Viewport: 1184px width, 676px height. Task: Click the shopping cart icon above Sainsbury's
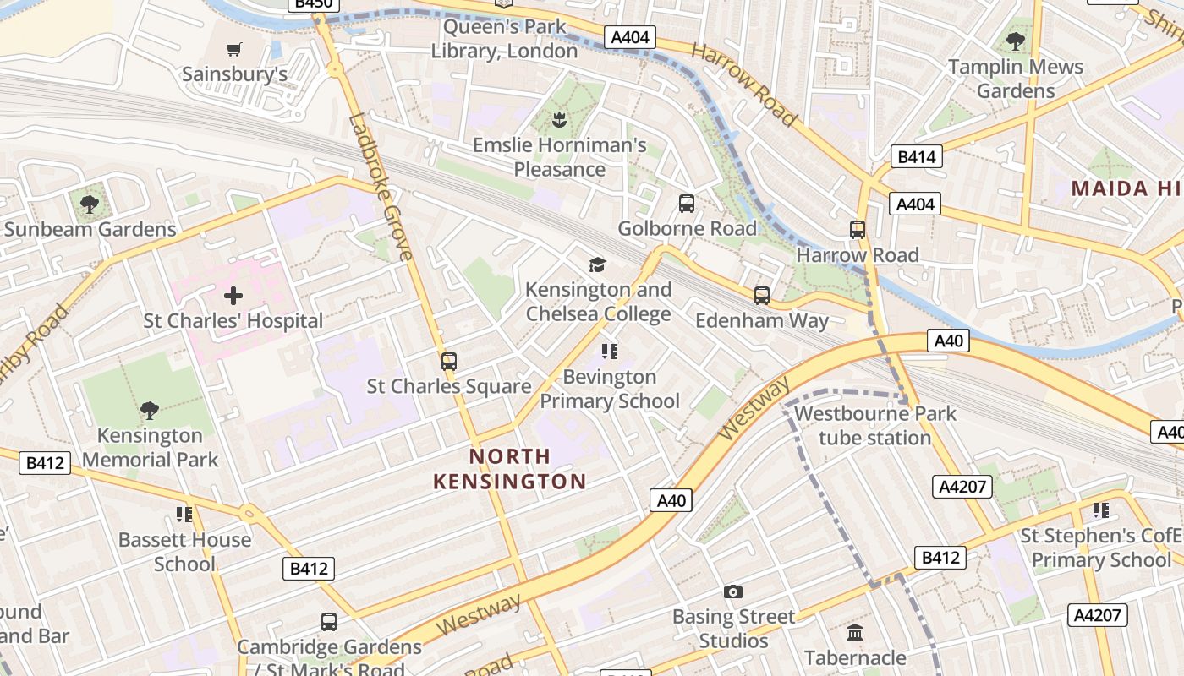pyautogui.click(x=234, y=49)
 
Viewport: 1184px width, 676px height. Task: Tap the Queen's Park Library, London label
pyautogui.click(x=504, y=39)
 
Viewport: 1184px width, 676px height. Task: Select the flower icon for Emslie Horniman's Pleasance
pyautogui.click(x=558, y=119)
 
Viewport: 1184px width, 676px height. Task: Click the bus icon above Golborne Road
pyautogui.click(x=687, y=204)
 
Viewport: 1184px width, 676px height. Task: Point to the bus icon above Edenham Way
pyautogui.click(x=762, y=296)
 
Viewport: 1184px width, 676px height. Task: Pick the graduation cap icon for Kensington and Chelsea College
pyautogui.click(x=598, y=264)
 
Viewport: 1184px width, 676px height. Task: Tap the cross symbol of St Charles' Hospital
pyautogui.click(x=233, y=296)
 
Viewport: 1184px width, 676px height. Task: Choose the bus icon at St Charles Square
pyautogui.click(x=449, y=362)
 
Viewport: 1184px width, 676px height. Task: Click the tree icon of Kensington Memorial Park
pyautogui.click(x=150, y=411)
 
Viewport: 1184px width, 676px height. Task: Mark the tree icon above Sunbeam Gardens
pyautogui.click(x=89, y=204)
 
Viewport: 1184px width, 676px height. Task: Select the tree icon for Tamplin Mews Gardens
pyautogui.click(x=1016, y=41)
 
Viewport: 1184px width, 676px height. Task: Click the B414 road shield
pyautogui.click(x=917, y=156)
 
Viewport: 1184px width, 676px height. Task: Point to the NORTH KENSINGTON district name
pyautogui.click(x=510, y=469)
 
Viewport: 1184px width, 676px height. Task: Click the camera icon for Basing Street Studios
pyautogui.click(x=733, y=591)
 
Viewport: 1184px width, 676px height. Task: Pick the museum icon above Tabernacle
pyautogui.click(x=855, y=632)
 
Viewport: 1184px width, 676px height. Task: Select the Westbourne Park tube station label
pyautogui.click(x=874, y=426)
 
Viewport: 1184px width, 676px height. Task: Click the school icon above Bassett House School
pyautogui.click(x=184, y=514)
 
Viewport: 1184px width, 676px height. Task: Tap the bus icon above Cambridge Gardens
pyautogui.click(x=329, y=622)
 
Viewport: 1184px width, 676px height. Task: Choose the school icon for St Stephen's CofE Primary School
pyautogui.click(x=1100, y=510)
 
